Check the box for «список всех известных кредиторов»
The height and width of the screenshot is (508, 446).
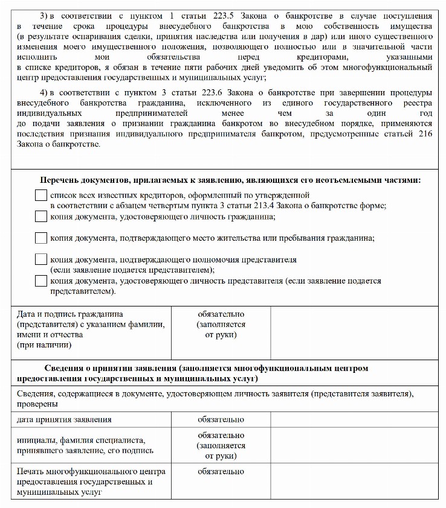click(40, 196)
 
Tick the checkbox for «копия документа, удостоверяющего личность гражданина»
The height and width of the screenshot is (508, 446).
click(40, 217)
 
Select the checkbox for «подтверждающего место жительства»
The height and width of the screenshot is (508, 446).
click(40, 238)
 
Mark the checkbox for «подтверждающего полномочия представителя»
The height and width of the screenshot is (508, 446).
click(40, 259)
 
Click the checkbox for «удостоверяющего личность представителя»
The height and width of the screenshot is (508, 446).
click(40, 281)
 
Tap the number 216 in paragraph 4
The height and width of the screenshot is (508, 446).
click(425, 134)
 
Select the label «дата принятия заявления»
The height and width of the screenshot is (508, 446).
click(64, 419)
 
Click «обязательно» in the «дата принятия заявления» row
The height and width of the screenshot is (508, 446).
click(221, 419)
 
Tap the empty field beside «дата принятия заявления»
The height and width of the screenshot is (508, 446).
click(354, 419)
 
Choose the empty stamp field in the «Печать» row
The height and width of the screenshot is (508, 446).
click(354, 481)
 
